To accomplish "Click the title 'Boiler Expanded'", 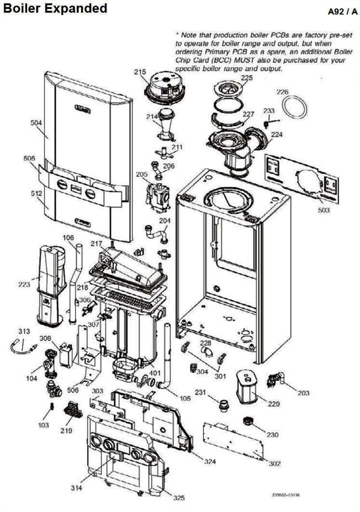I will point(55,8).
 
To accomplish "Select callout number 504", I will point(37,122).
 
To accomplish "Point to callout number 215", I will point(140,72).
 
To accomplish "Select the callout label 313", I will point(24,331).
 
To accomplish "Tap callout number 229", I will point(274,404).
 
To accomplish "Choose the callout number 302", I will point(274,464).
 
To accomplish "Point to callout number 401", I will point(155,372).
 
